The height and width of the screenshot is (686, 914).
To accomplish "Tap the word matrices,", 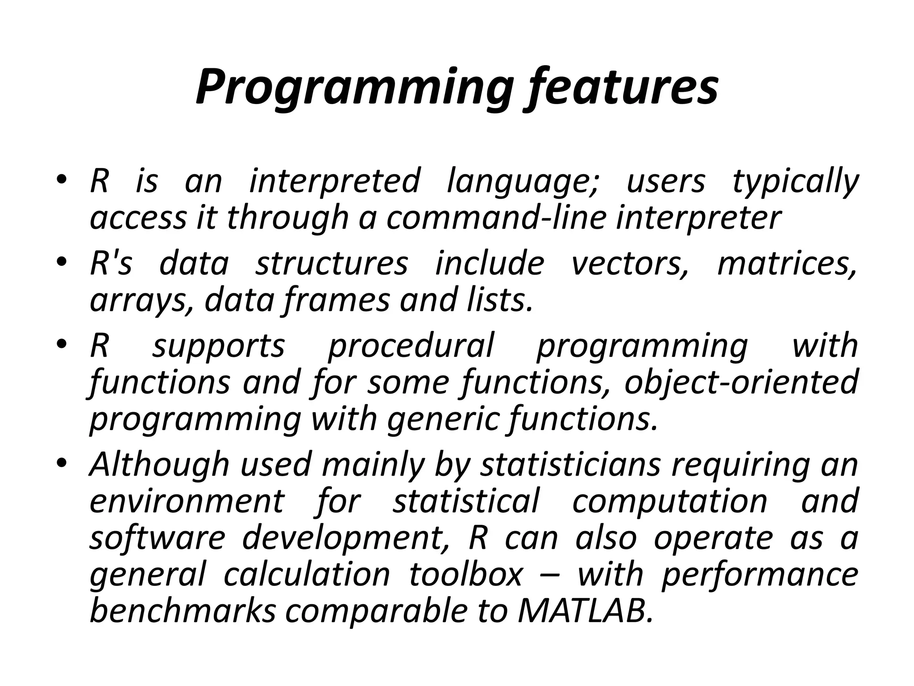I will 787,264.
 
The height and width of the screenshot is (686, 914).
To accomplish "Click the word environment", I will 187,502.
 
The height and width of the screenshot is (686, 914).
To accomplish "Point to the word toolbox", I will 465,574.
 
